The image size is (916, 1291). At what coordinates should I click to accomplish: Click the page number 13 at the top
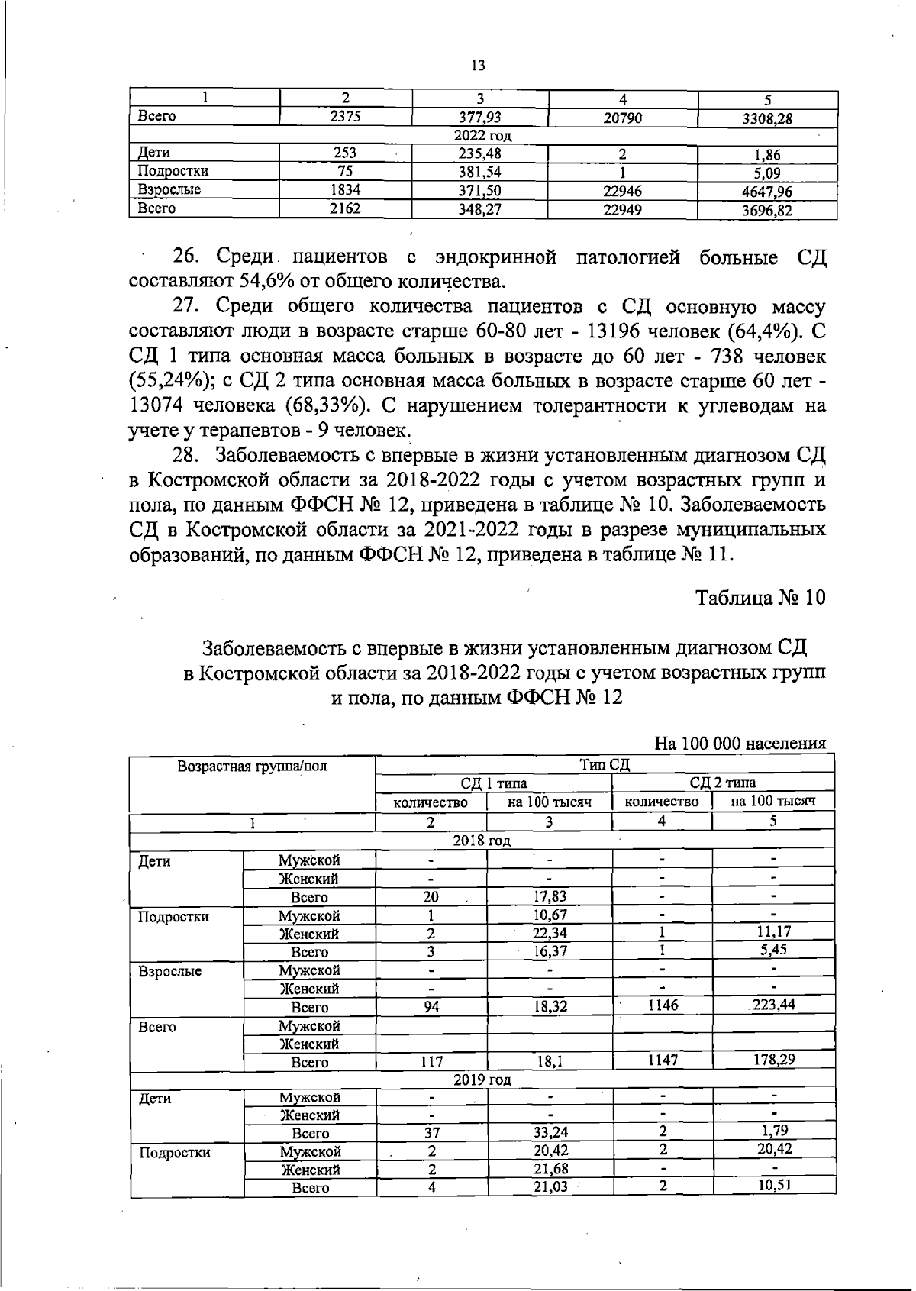click(479, 66)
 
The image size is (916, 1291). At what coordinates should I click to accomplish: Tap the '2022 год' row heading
click(482, 136)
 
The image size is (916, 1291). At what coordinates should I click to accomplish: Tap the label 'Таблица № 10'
click(760, 598)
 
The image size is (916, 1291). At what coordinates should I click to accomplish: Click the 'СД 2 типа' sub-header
click(722, 783)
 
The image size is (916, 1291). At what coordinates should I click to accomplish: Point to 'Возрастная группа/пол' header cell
click(252, 767)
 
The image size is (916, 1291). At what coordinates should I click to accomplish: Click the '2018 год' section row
click(482, 841)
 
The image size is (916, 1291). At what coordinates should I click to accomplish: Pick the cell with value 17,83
click(550, 896)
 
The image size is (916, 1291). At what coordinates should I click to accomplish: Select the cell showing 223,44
click(773, 1005)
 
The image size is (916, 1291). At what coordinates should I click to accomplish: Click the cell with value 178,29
click(773, 1060)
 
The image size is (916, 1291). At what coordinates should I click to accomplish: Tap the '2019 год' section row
click(482, 1080)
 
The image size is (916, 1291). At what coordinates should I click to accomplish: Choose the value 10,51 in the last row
click(773, 1186)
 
